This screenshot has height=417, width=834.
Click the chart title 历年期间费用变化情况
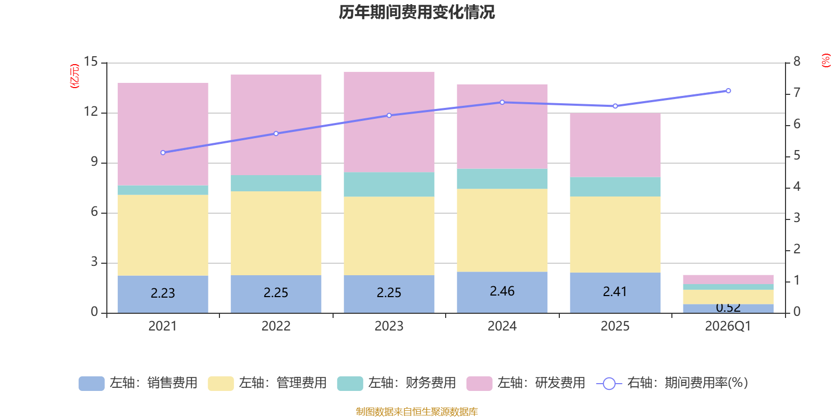tap(416, 12)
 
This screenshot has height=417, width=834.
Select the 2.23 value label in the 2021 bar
tap(163, 293)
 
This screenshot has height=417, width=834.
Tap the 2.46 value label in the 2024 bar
tap(502, 291)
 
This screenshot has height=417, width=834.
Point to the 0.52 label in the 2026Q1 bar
tap(728, 308)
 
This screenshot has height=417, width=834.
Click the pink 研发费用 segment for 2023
tap(389, 121)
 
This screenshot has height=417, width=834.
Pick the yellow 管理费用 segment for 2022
tap(276, 233)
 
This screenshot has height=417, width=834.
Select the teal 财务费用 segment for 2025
tap(615, 187)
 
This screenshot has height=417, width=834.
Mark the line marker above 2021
tap(163, 153)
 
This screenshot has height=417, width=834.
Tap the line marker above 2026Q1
tap(728, 91)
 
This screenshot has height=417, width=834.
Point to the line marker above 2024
tap(502, 102)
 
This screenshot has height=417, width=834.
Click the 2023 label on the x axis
tap(389, 326)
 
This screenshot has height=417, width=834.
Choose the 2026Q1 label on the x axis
tap(728, 326)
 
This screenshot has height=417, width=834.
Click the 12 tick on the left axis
tap(91, 112)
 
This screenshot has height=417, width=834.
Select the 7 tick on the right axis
tap(796, 93)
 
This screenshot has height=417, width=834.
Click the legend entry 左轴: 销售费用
tap(139, 383)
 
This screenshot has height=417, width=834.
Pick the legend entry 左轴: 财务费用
tap(397, 383)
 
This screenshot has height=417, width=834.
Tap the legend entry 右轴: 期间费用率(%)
tap(672, 383)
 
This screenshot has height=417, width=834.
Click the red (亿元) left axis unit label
tap(75, 76)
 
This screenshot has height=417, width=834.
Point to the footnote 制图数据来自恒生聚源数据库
tap(416, 412)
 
